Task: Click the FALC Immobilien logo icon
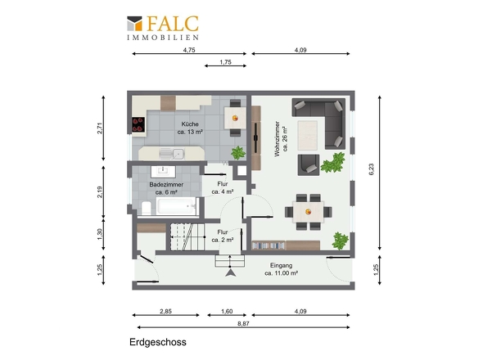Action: [134, 24]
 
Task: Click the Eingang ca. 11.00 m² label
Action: [282, 269]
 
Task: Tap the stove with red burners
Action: [138, 124]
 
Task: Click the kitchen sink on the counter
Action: [171, 153]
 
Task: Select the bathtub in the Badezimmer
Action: [176, 205]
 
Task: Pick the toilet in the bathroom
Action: [146, 208]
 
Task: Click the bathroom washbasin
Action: [163, 172]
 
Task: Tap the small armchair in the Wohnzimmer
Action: [309, 165]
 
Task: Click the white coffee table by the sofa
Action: [308, 135]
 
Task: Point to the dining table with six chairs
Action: [308, 212]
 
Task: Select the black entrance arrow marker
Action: [230, 272]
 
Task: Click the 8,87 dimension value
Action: [243, 323]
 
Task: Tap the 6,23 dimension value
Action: [371, 169]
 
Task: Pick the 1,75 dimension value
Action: [225, 62]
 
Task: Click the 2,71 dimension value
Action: [100, 128]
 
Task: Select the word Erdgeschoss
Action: [158, 342]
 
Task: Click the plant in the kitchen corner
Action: [238, 153]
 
